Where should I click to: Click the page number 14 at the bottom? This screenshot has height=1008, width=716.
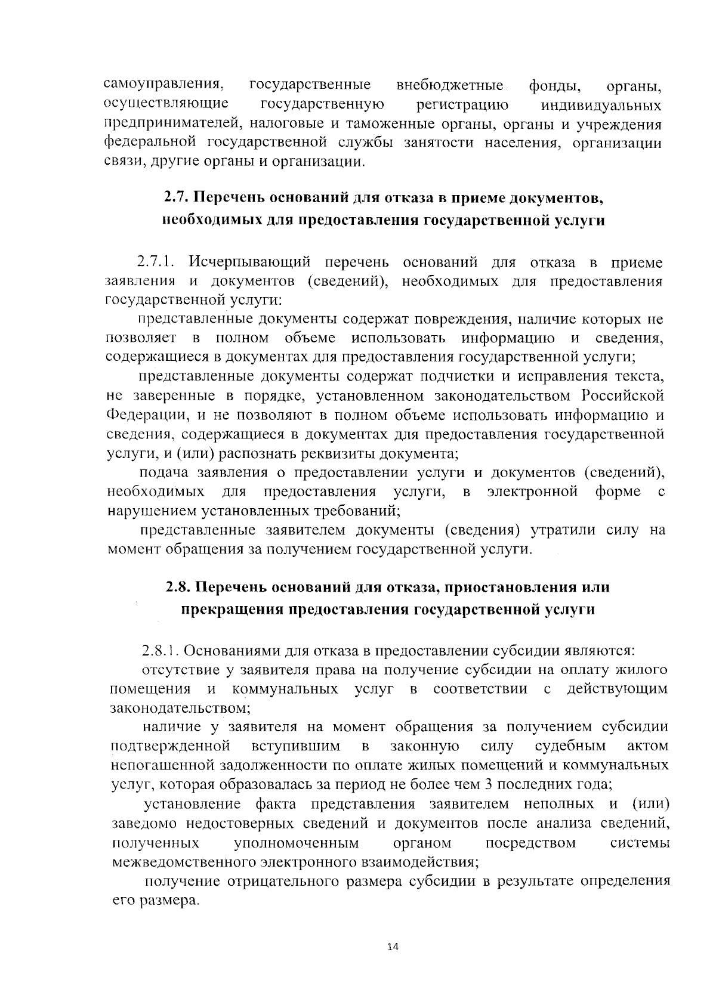click(x=393, y=947)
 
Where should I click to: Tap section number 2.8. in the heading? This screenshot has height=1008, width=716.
click(x=178, y=587)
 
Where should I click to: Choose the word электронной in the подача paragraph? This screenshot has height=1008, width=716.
click(x=532, y=492)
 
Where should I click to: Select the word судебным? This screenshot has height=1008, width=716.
click(x=570, y=746)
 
